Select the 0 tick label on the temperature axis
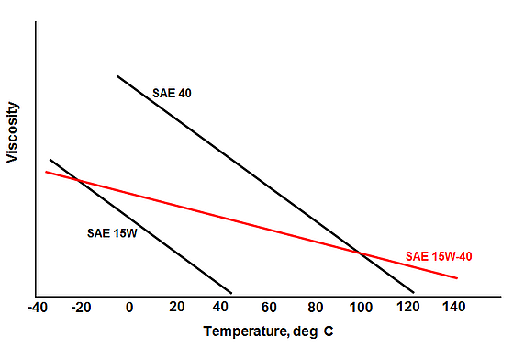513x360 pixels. pyautogui.click(x=129, y=307)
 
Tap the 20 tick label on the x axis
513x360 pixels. pyautogui.click(x=176, y=307)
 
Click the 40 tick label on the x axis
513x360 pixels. pyautogui.click(x=223, y=307)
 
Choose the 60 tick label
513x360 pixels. pyautogui.click(x=269, y=307)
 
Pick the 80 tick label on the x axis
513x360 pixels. pyautogui.click(x=316, y=307)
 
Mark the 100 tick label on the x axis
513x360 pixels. pyautogui.click(x=361, y=307)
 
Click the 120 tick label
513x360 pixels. pyautogui.click(x=407, y=307)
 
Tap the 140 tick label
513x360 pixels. pyautogui.click(x=453, y=307)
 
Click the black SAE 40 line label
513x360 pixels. pyautogui.click(x=171, y=93)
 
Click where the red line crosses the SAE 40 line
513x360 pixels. pyautogui.click(x=359, y=253)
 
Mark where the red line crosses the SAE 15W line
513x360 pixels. pyautogui.click(x=76, y=179)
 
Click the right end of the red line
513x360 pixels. pyautogui.click(x=457, y=277)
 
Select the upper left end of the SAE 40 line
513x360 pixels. pyautogui.click(x=117, y=76)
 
